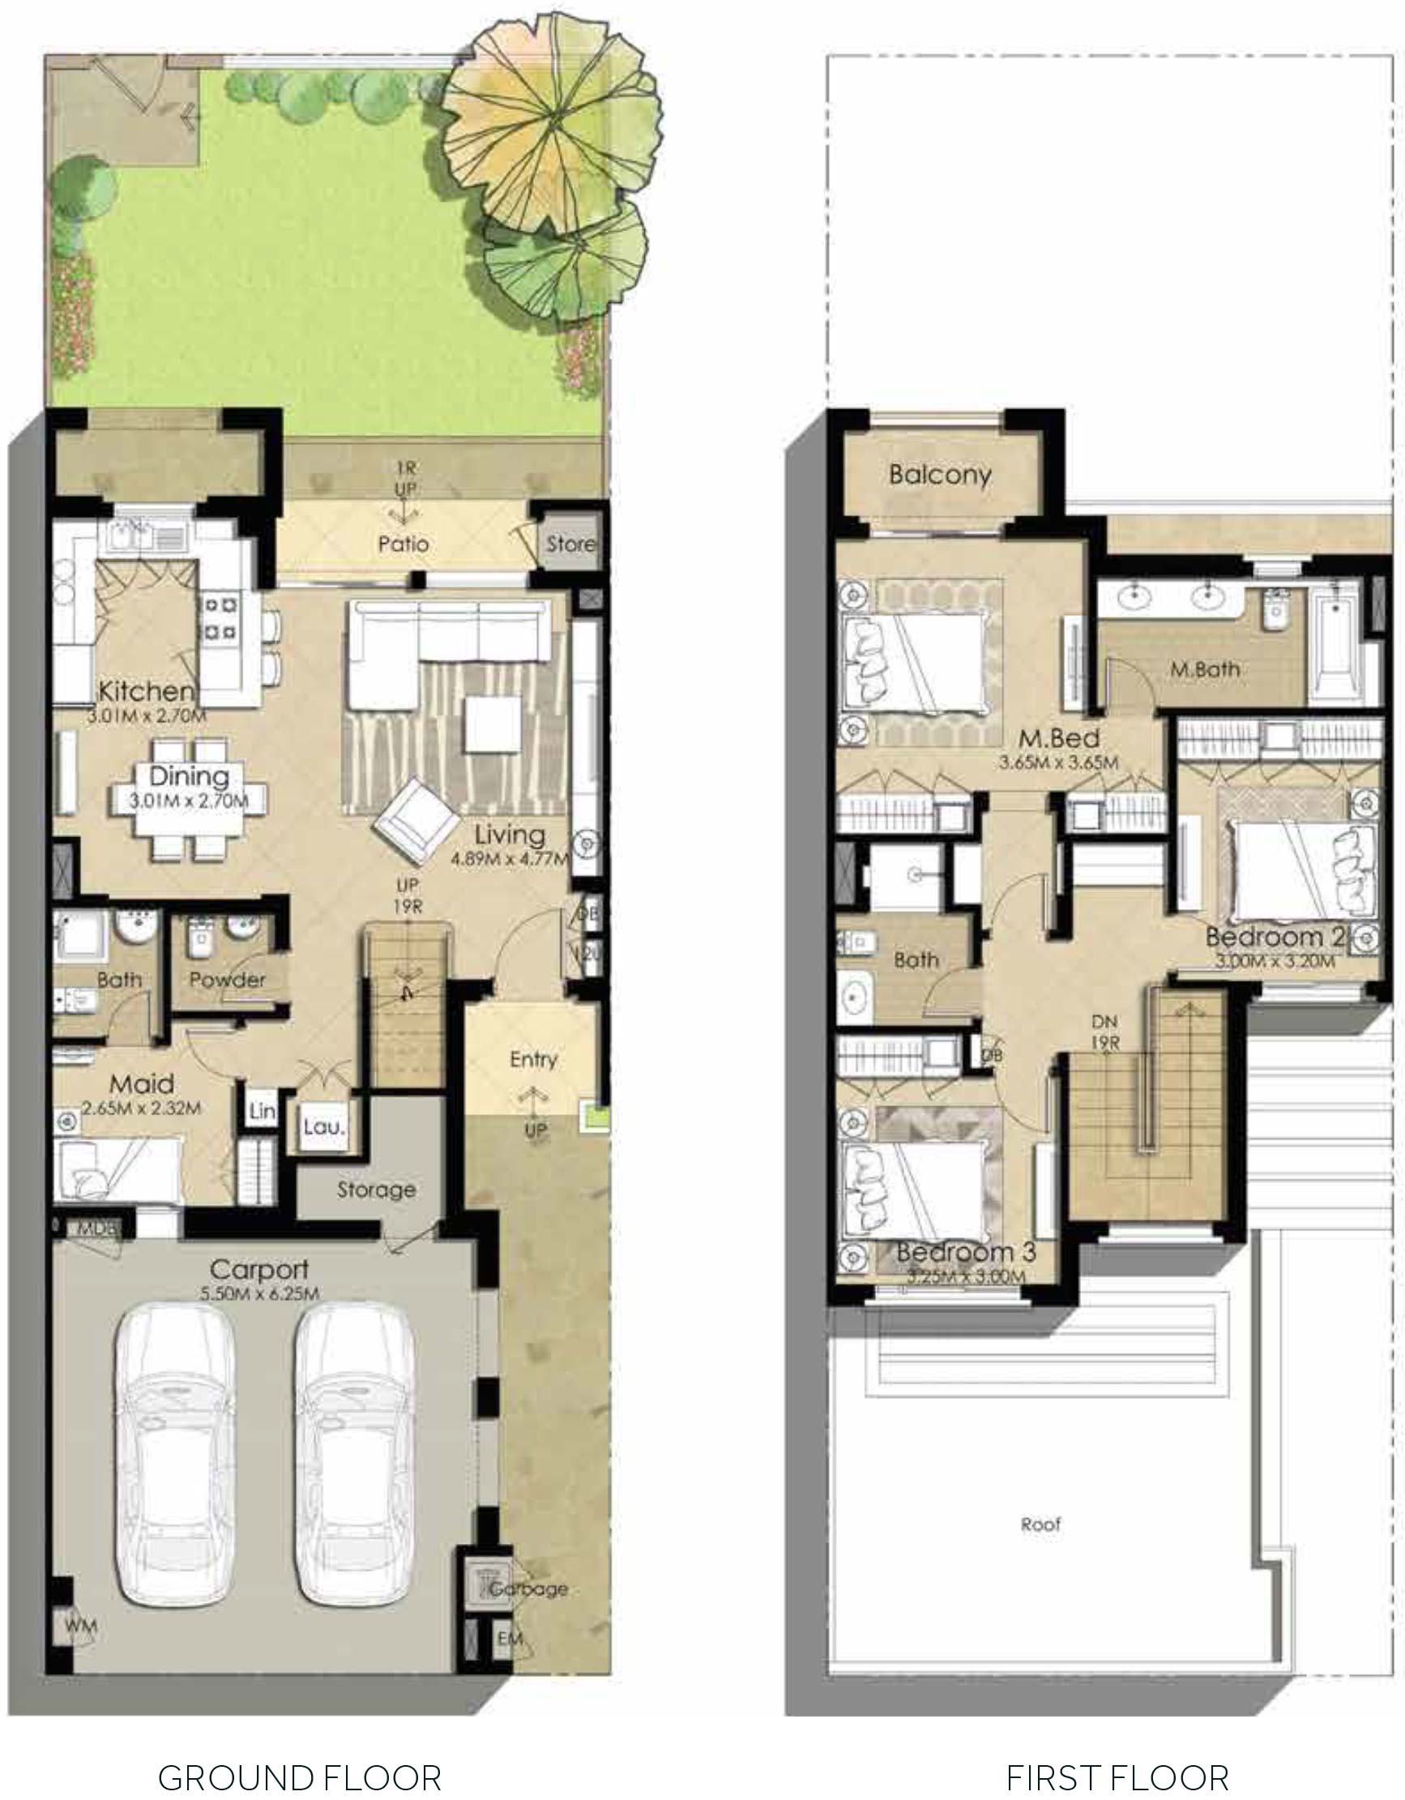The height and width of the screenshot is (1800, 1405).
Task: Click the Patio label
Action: click(403, 544)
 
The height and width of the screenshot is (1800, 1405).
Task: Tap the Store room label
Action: click(570, 544)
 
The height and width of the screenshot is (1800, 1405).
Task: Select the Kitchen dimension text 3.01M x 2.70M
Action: click(147, 716)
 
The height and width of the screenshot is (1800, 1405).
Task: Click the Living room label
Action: click(510, 834)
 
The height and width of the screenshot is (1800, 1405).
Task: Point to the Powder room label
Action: click(228, 980)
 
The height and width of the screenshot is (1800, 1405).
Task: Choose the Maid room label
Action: click(142, 1084)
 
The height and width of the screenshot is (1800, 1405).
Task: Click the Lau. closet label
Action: click(323, 1126)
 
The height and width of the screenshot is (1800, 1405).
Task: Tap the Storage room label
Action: click(376, 1189)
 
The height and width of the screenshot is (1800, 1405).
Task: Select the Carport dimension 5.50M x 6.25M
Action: click(258, 1294)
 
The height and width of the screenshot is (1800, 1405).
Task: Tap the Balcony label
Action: click(939, 475)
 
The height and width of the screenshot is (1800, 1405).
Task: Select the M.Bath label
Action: click(1205, 669)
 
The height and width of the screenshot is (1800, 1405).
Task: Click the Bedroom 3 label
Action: click(966, 1252)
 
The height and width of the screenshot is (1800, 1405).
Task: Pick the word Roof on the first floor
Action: click(1040, 1524)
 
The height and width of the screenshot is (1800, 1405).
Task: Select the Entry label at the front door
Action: click(533, 1059)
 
